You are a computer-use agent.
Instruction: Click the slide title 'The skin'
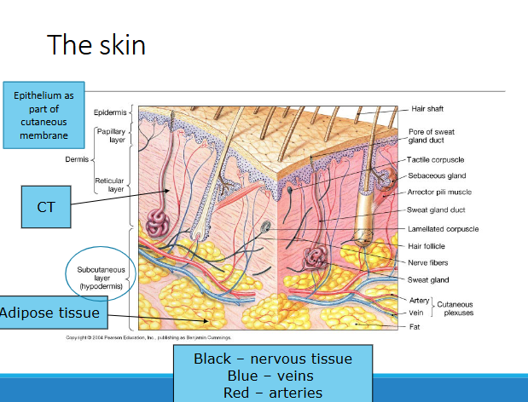pos(96,44)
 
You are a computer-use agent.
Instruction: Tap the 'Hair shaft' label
pos(427,109)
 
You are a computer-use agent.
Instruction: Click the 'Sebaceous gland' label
pos(436,175)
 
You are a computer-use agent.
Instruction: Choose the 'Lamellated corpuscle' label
pos(443,228)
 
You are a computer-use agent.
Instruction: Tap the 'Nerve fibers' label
pos(427,262)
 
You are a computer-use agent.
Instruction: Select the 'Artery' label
pos(420,300)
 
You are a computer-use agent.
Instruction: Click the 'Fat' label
pos(415,325)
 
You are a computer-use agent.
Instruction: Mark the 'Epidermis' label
pos(110,112)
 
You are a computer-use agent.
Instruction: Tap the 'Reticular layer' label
pos(111,185)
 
